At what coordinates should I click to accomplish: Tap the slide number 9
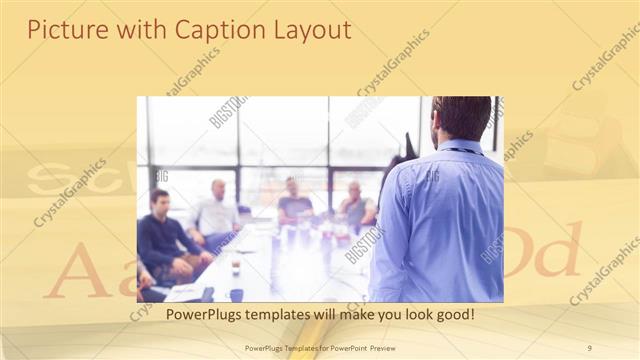tap(589, 348)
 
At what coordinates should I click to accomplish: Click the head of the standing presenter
tap(462, 118)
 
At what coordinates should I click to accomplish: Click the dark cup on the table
tap(236, 294)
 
